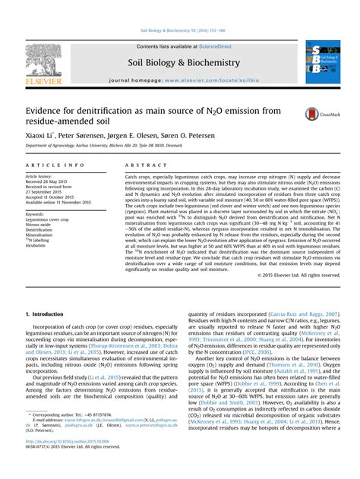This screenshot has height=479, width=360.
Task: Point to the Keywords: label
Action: (x=36, y=215)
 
